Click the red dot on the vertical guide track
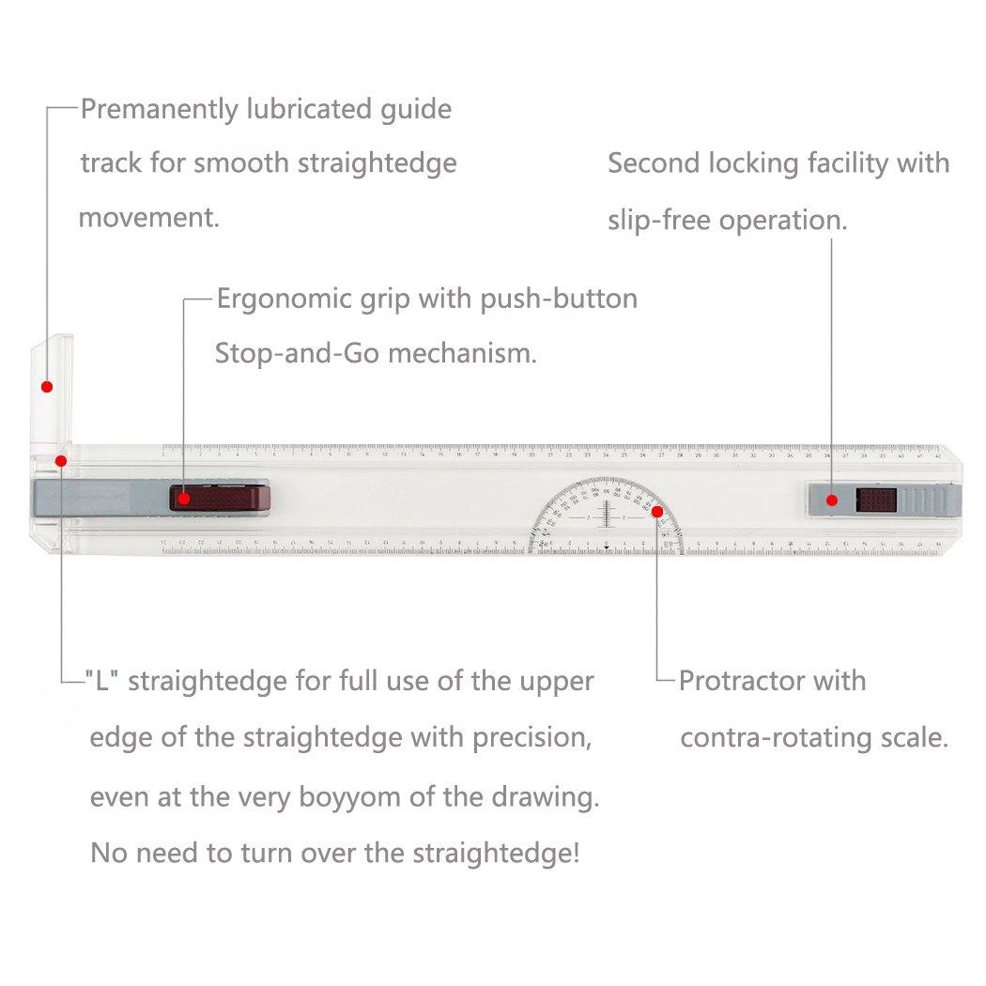[x=46, y=386]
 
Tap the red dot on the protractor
[x=657, y=512]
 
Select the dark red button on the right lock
[x=876, y=500]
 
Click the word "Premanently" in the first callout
[x=160, y=110]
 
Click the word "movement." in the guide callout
[x=149, y=219]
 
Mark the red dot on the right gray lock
[x=831, y=500]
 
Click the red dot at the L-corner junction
[x=61, y=460]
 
